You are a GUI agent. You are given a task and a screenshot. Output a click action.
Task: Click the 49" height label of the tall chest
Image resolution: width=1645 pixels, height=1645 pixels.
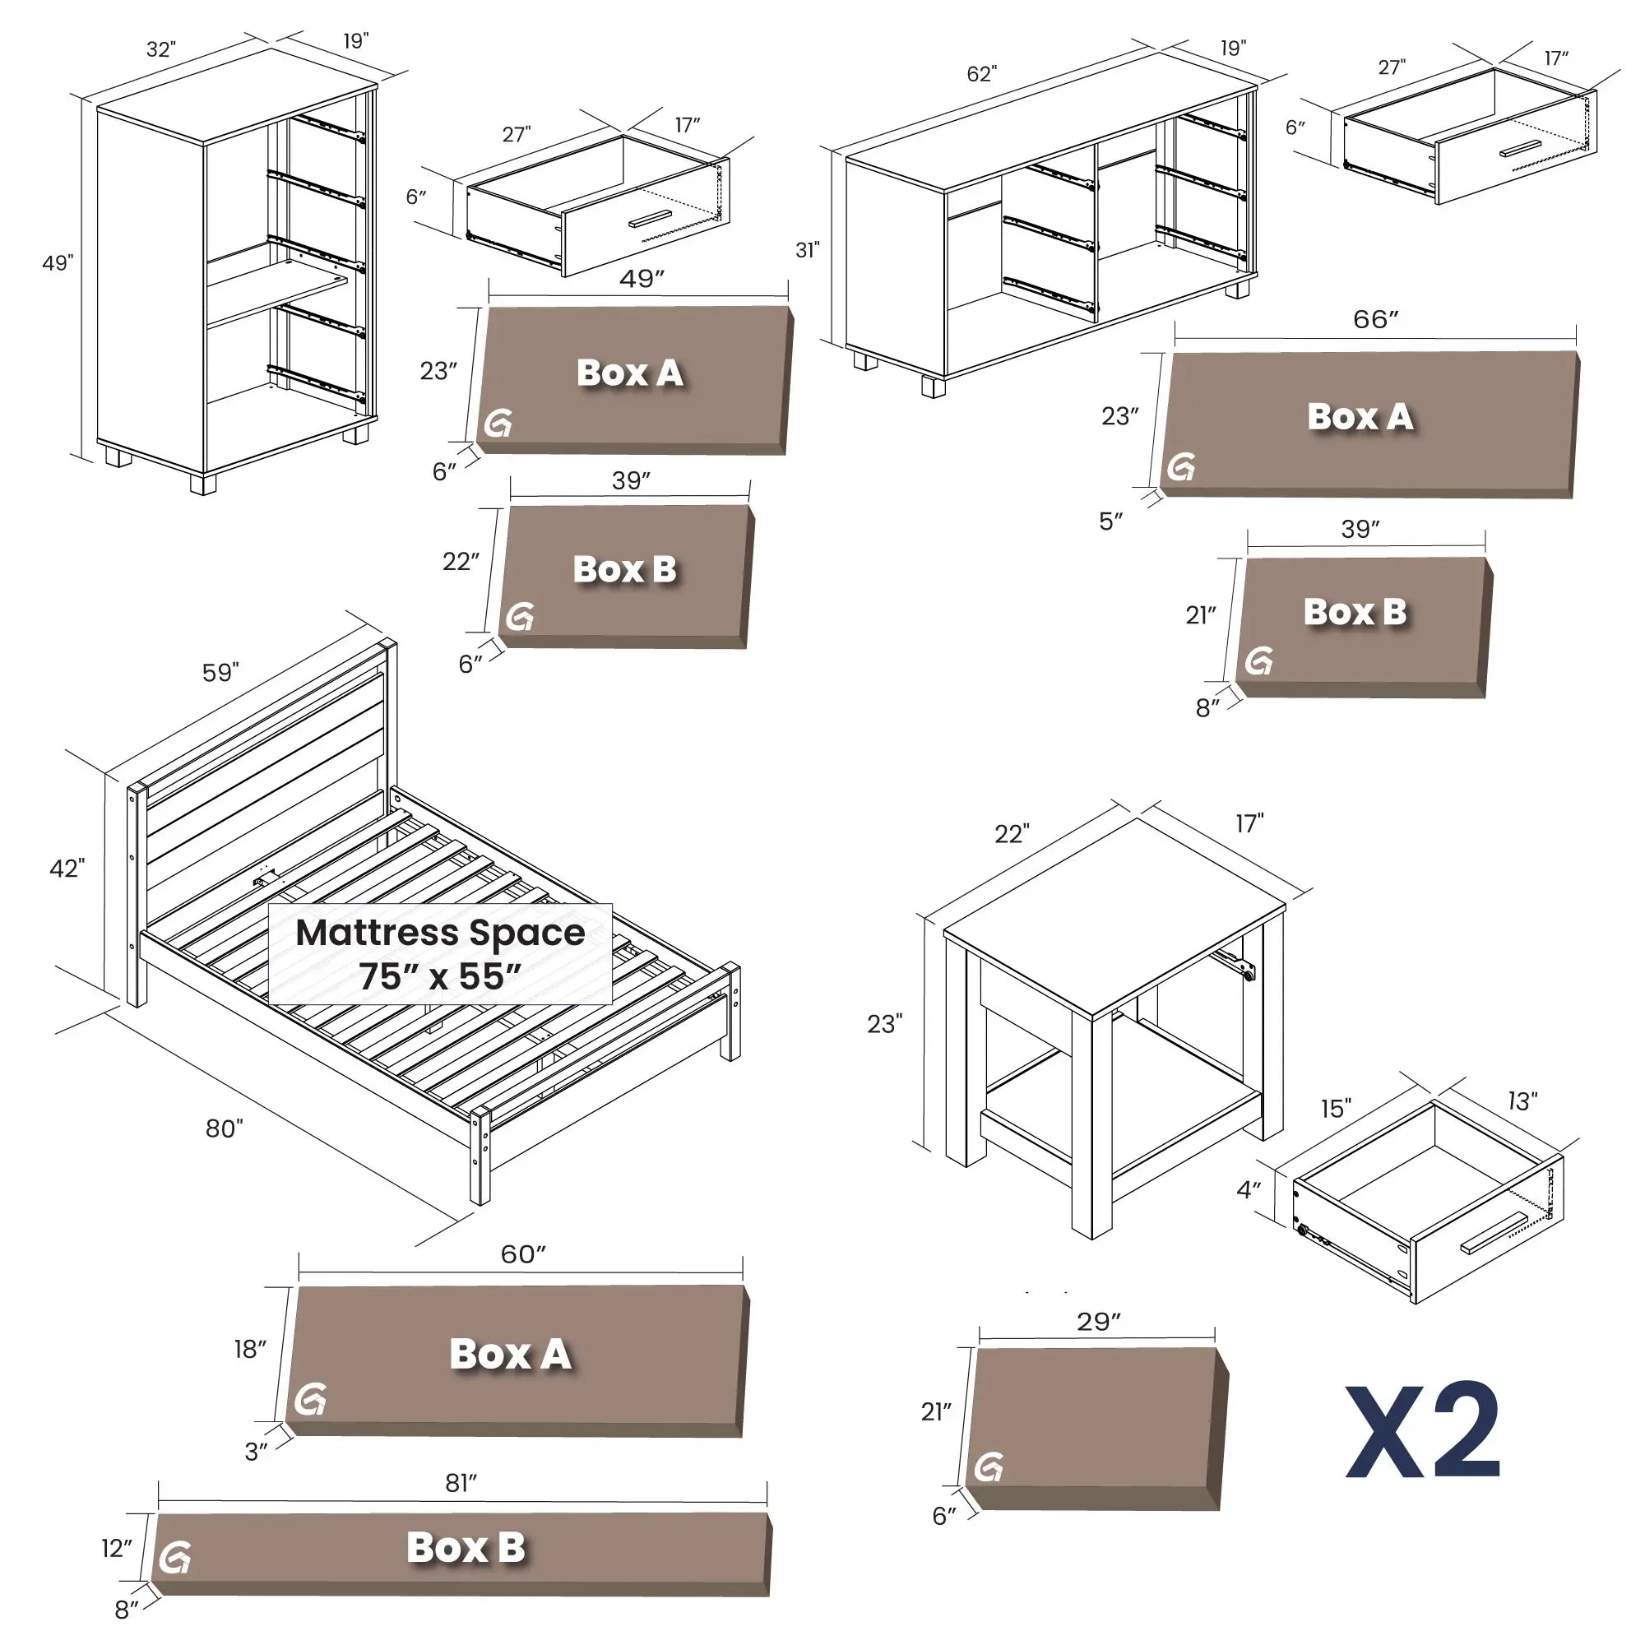(x=58, y=262)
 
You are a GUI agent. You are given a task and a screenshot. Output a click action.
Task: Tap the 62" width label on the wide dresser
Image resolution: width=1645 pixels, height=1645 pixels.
(x=981, y=74)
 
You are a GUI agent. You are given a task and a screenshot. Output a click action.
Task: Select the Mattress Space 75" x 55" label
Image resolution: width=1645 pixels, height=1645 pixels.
(x=440, y=954)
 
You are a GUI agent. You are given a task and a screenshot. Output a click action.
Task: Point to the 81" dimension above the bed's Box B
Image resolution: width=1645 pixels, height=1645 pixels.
(x=461, y=1482)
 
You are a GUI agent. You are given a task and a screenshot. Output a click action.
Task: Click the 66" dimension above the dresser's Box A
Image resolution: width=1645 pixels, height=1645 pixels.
(x=1376, y=319)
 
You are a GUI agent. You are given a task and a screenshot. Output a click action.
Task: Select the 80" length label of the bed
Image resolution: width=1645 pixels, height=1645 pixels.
(x=224, y=1129)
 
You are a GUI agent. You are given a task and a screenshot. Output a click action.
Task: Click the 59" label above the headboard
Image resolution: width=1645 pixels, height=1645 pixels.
(x=220, y=673)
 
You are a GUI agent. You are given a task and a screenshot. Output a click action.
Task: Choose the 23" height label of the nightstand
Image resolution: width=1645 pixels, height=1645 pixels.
(x=885, y=1023)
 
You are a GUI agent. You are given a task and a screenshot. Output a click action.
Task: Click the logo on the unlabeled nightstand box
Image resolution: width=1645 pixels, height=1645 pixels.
(x=989, y=1467)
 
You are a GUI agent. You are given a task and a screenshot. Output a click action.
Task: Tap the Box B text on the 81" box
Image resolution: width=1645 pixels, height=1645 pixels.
(x=466, y=1547)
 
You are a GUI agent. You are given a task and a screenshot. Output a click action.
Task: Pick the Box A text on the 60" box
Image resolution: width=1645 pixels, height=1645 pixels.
(x=510, y=1354)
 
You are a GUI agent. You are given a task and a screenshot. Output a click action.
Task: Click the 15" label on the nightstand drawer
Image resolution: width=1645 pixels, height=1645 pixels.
(x=1336, y=1109)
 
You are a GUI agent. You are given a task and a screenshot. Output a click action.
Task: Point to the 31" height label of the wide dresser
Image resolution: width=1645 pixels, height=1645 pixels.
(x=807, y=249)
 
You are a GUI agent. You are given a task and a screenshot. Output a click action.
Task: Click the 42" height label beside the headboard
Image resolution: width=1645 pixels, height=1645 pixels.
(x=67, y=869)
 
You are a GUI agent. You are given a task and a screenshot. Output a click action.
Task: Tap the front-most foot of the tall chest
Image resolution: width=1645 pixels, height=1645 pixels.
(x=202, y=484)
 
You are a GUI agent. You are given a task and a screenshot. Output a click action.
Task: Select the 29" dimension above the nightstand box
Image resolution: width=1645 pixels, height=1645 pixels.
(x=1098, y=1322)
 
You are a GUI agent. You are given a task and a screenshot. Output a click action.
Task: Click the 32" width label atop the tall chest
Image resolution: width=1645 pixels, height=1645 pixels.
(x=161, y=49)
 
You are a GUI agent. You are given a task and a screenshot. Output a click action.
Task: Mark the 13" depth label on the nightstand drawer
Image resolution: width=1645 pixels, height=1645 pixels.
(x=1522, y=1101)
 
